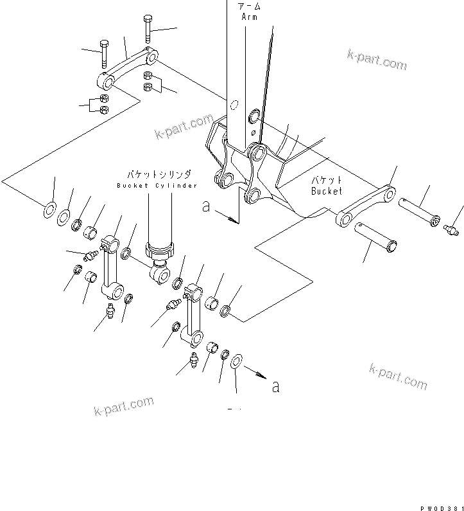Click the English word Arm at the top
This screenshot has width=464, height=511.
[x=249, y=17]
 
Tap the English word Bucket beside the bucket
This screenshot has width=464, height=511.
[x=327, y=191]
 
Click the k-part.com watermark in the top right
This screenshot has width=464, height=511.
[x=377, y=60]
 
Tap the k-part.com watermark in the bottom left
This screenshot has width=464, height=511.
[x=123, y=406]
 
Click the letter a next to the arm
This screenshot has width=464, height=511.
[x=205, y=207]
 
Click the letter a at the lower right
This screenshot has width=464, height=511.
[x=276, y=386]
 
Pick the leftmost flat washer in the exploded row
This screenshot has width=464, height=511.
[x=49, y=210]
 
